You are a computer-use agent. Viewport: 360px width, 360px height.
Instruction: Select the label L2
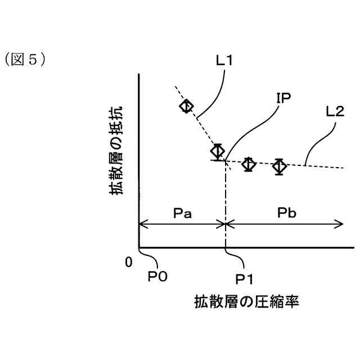pyautogui.click(x=335, y=111)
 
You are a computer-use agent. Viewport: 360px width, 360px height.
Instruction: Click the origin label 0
pyautogui.click(x=129, y=262)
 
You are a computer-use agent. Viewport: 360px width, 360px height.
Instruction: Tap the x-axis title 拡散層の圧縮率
pyautogui.click(x=246, y=301)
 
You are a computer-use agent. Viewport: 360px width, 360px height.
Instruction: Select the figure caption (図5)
pyautogui.click(x=25, y=59)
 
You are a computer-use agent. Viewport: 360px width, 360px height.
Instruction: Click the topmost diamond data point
pyautogui.click(x=187, y=106)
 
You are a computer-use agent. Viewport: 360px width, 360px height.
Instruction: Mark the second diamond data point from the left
pyautogui.click(x=218, y=151)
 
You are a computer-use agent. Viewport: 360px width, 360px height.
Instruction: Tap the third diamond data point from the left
pyautogui.click(x=249, y=164)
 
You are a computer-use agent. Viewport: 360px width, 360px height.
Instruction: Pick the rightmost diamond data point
pyautogui.click(x=279, y=166)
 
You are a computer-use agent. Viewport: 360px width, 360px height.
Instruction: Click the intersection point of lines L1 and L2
pyautogui.click(x=225, y=161)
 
